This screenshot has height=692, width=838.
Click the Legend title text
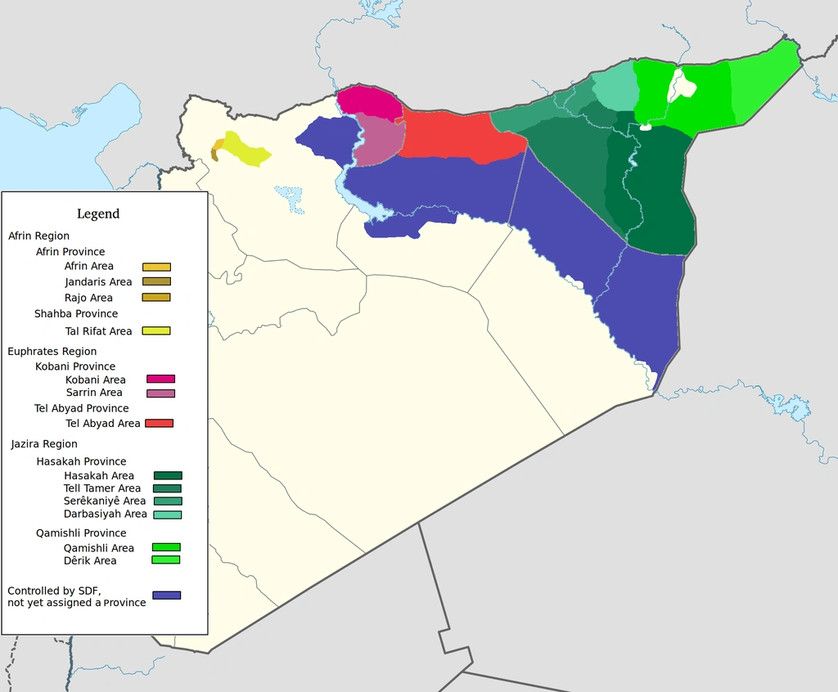click(98, 214)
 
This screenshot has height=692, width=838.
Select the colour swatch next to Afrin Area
click(156, 267)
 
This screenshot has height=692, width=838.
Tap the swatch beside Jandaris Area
click(156, 281)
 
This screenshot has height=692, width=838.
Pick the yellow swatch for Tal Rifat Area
click(156, 331)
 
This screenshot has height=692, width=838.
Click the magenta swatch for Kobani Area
click(160, 379)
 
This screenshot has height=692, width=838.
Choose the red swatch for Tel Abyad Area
click(159, 423)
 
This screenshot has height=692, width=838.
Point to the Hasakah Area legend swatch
click(168, 475)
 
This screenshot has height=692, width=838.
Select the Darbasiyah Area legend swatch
click(168, 515)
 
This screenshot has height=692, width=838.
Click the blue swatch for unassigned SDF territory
click(167, 595)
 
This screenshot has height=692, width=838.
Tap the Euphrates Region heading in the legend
click(52, 352)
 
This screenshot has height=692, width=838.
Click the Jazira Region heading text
click(44, 444)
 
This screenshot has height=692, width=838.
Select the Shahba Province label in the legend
click(76, 314)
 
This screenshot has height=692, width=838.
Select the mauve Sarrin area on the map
click(378, 139)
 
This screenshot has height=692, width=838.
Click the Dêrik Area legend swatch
click(166, 560)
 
